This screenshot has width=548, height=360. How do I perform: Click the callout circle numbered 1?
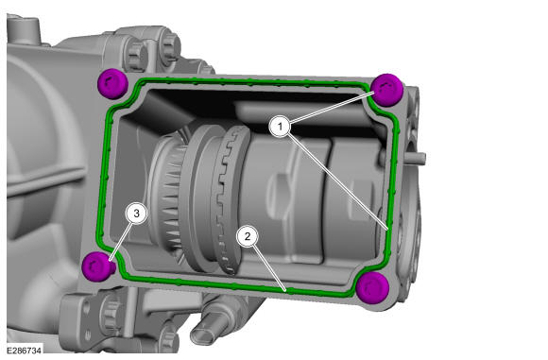tap(280, 127)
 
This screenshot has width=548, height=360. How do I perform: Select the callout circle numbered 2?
tap(248, 236)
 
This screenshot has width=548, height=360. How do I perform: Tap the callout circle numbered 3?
tap(137, 213)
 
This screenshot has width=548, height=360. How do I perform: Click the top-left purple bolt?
tap(112, 84)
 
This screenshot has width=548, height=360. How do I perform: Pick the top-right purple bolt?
tap(386, 90)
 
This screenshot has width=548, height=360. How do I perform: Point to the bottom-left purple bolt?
tap(97, 266)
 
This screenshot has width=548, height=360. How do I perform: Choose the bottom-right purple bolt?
tap(372, 287)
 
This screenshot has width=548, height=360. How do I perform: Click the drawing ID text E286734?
tap(25, 350)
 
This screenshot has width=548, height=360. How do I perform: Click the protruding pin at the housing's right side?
tap(415, 158)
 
